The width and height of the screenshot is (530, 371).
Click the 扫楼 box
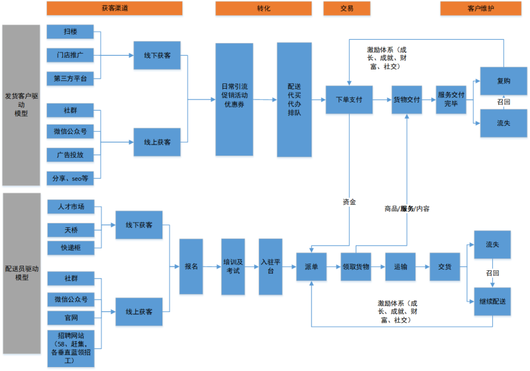(x=70, y=32)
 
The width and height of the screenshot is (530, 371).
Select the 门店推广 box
(x=70, y=55)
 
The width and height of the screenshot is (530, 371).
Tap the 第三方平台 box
(x=70, y=78)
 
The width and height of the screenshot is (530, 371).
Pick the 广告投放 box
(x=70, y=155)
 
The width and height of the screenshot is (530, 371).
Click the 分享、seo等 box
(x=70, y=178)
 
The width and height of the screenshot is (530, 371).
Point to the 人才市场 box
(x=70, y=206)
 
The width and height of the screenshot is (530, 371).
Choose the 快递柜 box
(x=70, y=248)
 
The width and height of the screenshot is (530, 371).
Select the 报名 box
(x=191, y=266)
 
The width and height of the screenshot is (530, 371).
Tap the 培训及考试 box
(x=233, y=266)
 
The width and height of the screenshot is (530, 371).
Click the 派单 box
(x=311, y=266)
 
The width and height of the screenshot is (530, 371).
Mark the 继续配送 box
(x=492, y=301)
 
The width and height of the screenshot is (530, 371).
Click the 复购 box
(x=503, y=81)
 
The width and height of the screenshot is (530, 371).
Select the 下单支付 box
(x=348, y=99)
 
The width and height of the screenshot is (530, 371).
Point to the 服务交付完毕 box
(x=450, y=99)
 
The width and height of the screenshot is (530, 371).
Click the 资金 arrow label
(x=349, y=201)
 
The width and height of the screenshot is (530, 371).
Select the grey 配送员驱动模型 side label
(x=23, y=272)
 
